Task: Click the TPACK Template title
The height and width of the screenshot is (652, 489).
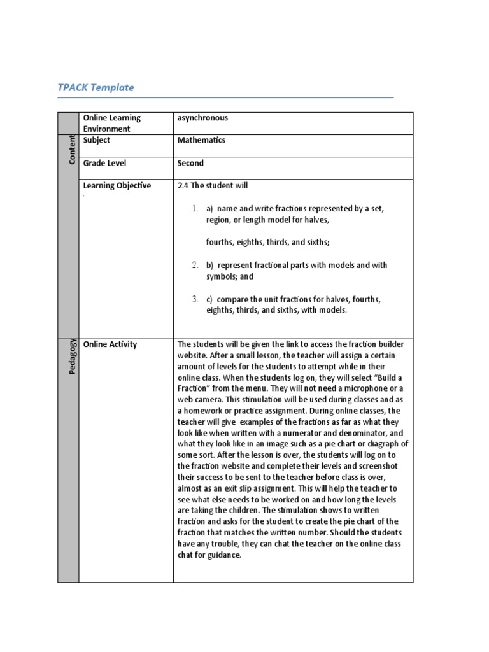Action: (x=96, y=88)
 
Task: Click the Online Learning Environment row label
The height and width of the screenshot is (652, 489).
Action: (x=111, y=123)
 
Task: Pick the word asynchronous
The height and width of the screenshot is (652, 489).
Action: (x=202, y=118)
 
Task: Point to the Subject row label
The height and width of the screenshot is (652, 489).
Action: (x=96, y=140)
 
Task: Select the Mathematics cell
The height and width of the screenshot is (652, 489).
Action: (x=201, y=140)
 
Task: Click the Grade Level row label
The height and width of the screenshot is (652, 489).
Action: (x=104, y=163)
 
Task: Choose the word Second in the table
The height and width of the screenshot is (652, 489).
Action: (x=190, y=163)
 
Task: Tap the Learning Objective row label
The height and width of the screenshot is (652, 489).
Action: (x=117, y=186)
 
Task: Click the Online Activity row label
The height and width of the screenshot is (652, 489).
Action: (x=110, y=344)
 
